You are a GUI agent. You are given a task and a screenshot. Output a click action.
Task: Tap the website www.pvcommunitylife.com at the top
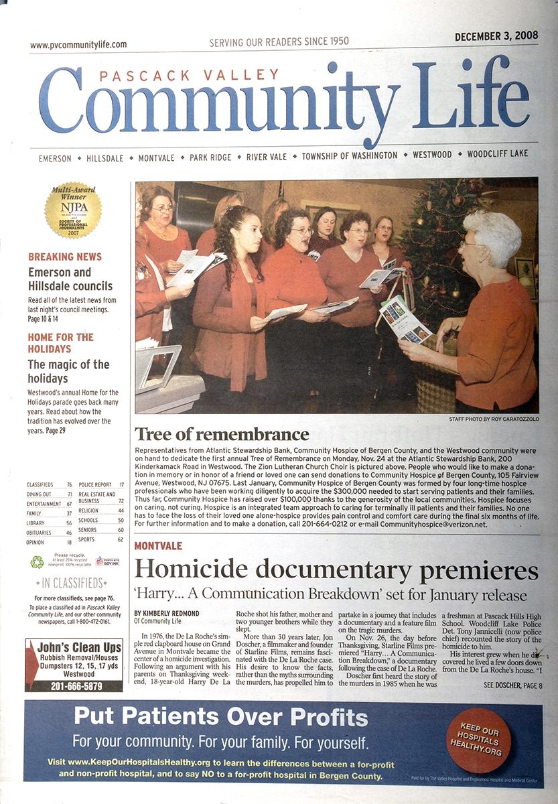[x=78, y=45]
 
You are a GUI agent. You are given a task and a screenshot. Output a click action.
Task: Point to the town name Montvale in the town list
[x=156, y=157]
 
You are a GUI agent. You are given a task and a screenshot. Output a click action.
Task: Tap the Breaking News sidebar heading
[x=65, y=257]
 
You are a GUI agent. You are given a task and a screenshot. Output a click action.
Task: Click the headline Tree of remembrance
[x=222, y=433]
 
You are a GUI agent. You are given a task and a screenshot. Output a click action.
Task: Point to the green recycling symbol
[x=37, y=562]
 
